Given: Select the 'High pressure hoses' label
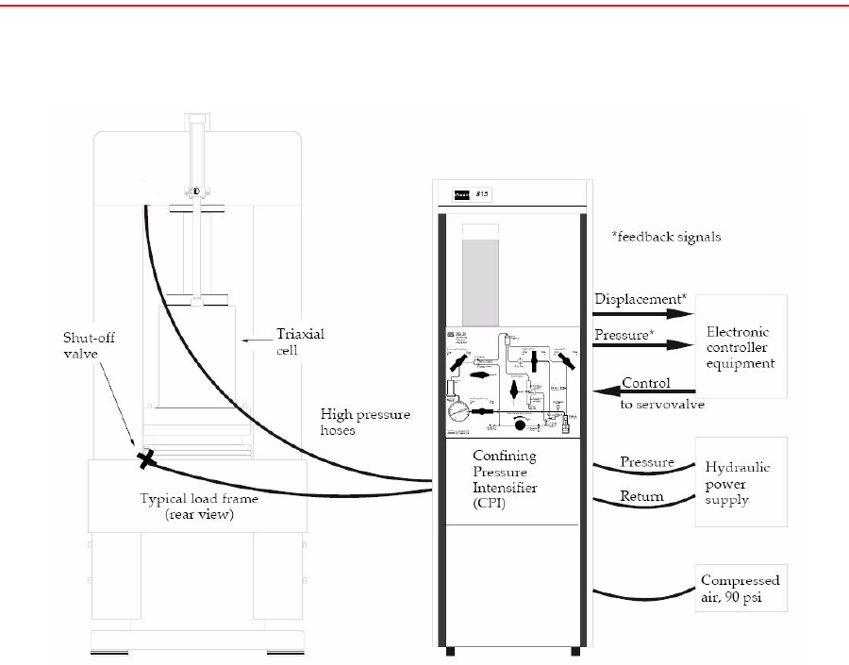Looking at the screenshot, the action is (365, 422).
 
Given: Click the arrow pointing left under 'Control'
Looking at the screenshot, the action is (646, 391).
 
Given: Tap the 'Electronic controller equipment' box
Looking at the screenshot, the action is (739, 346).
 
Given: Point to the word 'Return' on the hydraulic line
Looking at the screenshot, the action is (641, 496).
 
